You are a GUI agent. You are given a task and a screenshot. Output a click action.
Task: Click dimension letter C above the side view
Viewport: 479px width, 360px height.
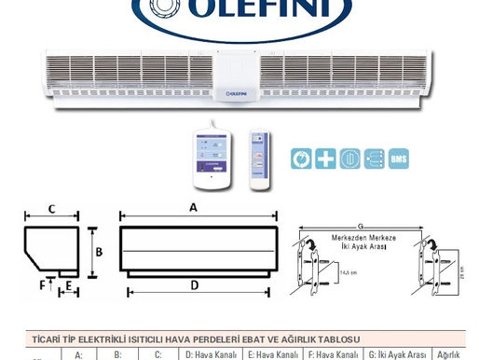[x=52, y=208]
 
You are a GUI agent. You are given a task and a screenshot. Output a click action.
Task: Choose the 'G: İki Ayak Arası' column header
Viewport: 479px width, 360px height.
[x=399, y=354]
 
